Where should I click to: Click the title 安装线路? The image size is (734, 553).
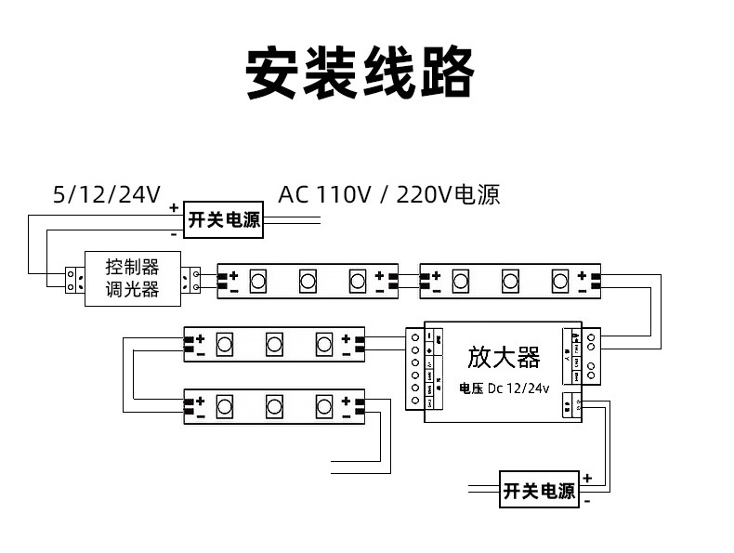(x=360, y=72)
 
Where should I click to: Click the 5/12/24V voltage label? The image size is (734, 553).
(x=107, y=195)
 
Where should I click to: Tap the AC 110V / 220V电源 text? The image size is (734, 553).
(x=388, y=195)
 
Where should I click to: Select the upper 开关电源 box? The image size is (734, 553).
(x=224, y=220)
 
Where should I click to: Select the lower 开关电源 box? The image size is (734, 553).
(x=539, y=490)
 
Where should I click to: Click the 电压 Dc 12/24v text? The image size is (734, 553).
(x=505, y=388)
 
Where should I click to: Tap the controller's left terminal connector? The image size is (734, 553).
(x=74, y=279)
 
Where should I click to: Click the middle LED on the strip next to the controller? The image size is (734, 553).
(x=308, y=279)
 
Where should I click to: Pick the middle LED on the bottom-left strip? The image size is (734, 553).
(x=274, y=406)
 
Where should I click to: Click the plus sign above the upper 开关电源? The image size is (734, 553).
(x=174, y=208)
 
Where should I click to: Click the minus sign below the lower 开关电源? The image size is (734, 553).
(x=587, y=501)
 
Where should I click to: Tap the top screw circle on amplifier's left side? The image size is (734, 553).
(x=414, y=335)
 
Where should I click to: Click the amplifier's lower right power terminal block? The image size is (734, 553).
(x=570, y=402)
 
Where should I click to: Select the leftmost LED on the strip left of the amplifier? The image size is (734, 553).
(x=224, y=344)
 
